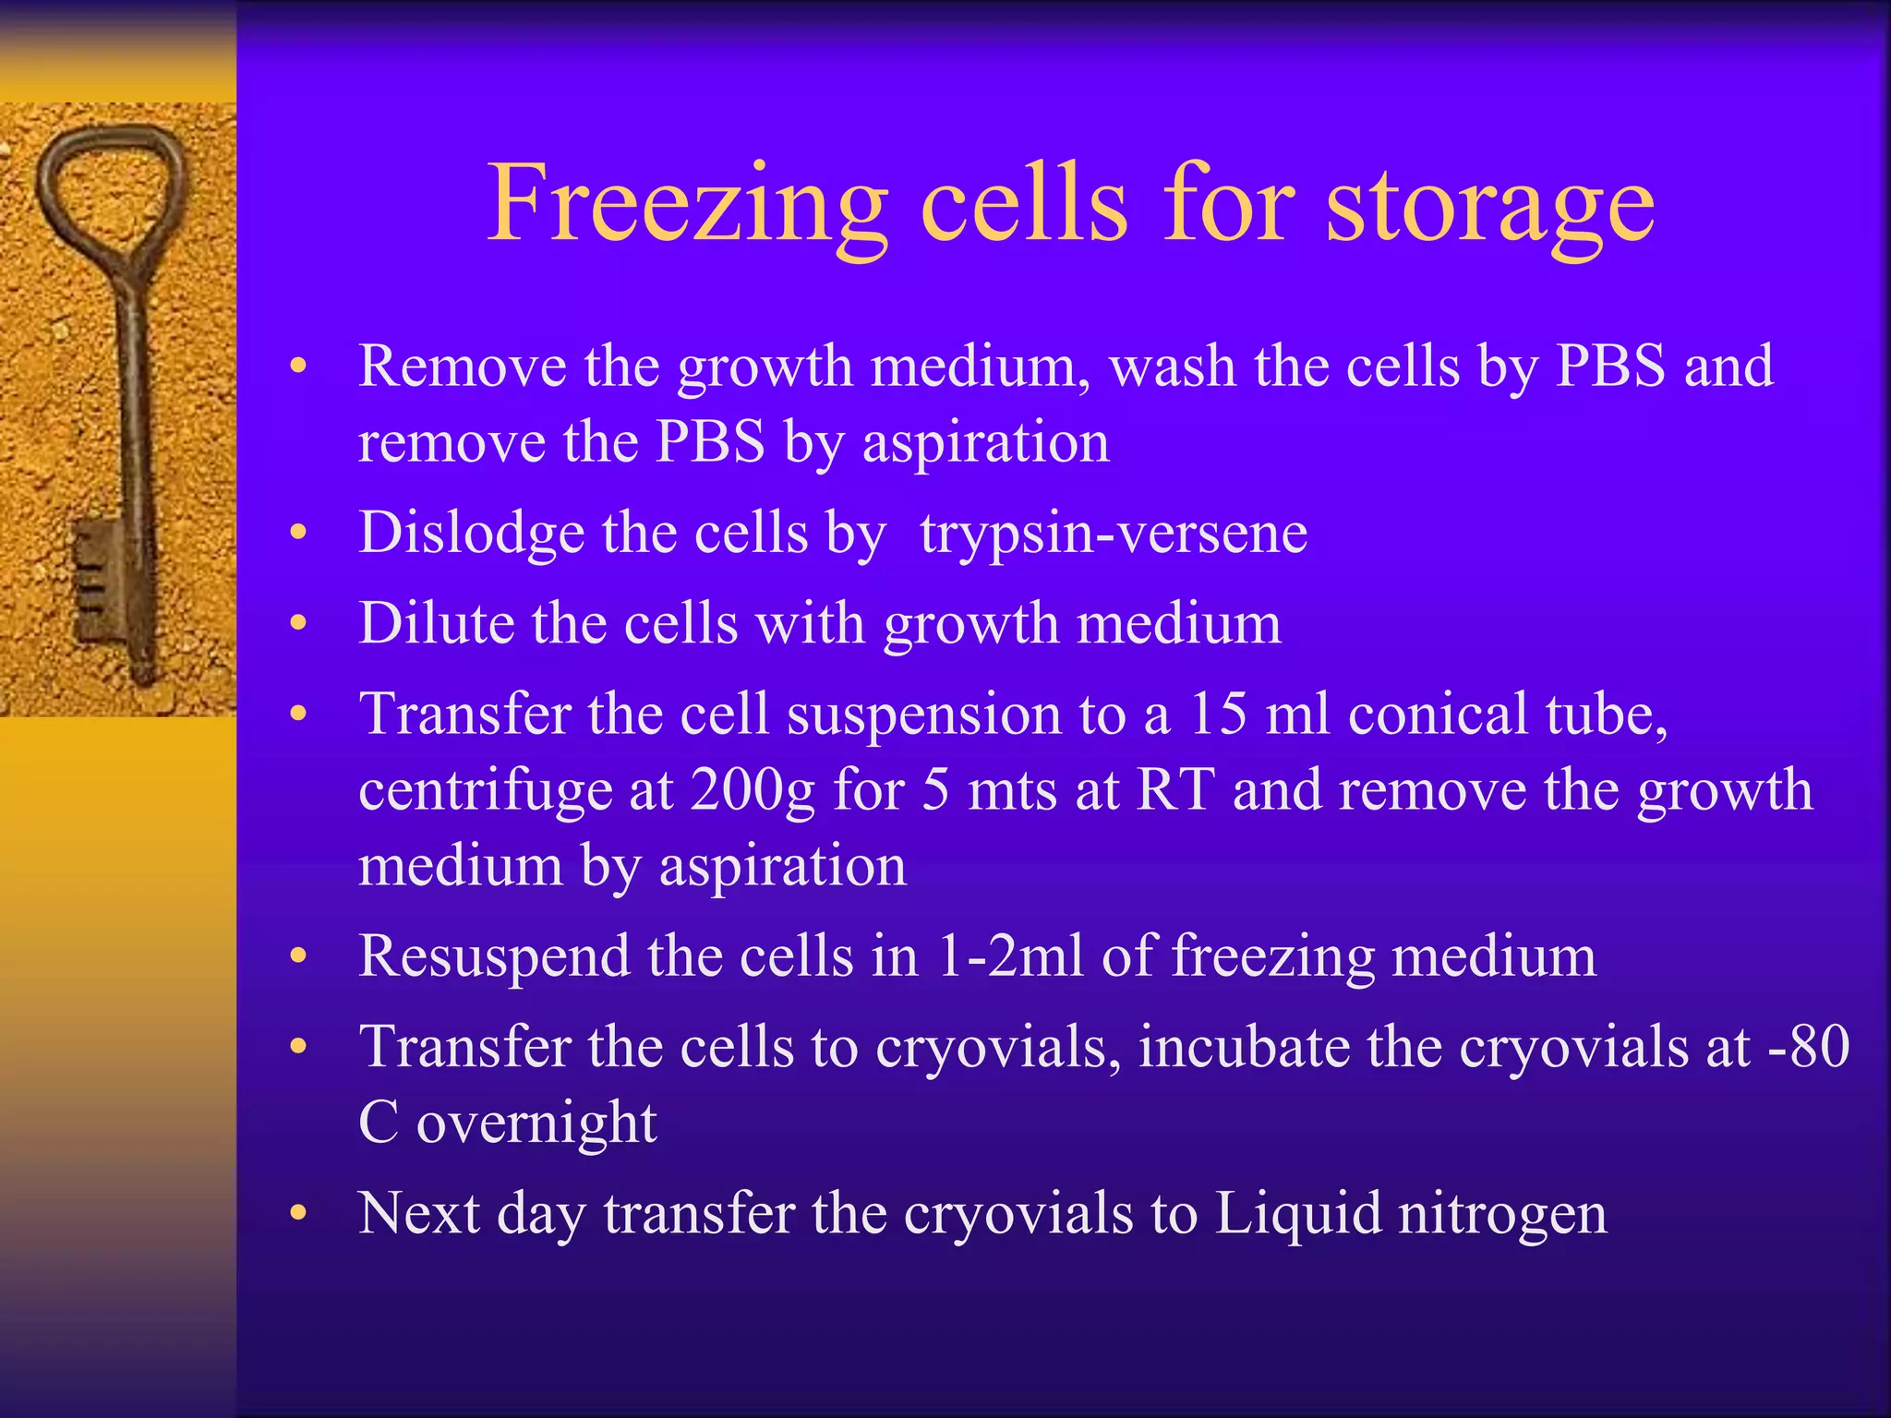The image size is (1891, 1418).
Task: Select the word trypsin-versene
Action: click(x=1114, y=534)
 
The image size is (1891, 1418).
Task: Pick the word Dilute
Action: click(x=436, y=623)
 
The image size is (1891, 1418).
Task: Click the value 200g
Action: click(x=753, y=791)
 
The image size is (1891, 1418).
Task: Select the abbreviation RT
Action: click(x=1174, y=789)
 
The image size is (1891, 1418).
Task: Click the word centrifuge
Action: click(x=486, y=791)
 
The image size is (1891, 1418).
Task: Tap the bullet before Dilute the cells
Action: click(x=297, y=623)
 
